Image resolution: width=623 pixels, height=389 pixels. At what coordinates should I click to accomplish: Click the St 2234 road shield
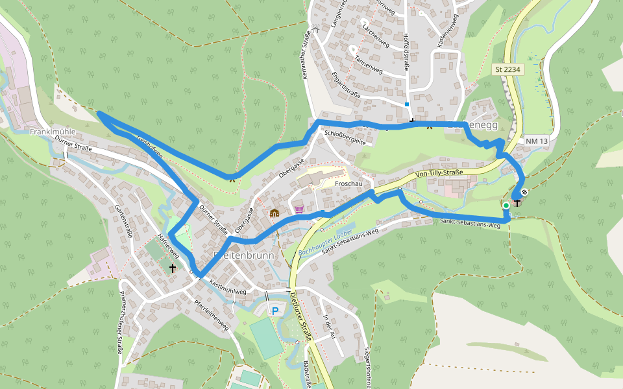(507, 69)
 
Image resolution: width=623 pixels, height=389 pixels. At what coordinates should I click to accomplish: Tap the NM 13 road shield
(537, 141)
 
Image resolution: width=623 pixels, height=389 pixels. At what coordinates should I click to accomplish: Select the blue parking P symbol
(275, 311)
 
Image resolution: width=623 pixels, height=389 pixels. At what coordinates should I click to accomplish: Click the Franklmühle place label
(53, 132)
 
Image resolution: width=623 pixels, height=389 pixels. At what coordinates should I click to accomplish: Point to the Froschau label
(348, 183)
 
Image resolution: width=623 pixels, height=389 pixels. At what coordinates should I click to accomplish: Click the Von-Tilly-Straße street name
(439, 173)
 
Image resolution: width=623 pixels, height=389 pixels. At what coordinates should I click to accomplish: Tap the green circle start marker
(506, 206)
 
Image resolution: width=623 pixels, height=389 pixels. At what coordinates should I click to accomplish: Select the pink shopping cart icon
(299, 209)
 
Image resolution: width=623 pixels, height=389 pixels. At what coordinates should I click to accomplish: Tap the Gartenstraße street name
(123, 220)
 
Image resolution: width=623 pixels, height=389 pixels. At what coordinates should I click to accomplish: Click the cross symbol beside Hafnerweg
(173, 267)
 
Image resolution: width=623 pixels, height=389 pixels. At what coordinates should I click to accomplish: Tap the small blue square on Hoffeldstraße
(407, 104)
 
